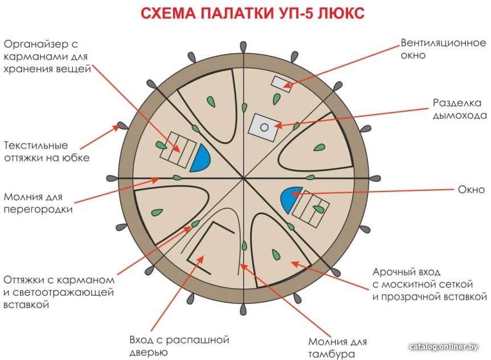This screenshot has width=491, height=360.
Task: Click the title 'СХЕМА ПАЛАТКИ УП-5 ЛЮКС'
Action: pos(253,14)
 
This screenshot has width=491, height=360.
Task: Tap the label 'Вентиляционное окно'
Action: pos(443,49)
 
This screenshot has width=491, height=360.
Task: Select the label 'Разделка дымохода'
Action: pos(460,109)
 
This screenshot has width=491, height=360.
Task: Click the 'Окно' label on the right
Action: pos(471,189)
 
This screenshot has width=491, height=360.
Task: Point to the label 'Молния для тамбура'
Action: pos(338,348)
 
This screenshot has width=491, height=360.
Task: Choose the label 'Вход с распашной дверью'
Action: pos(179,346)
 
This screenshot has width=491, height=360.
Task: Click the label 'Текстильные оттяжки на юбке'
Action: pos(47,152)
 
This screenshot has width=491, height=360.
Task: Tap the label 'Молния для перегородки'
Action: pos(38,203)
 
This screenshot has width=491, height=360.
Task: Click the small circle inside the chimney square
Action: pos(264,128)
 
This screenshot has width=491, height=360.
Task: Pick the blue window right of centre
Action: pos(291,199)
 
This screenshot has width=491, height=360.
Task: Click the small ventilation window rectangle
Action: pos(281,84)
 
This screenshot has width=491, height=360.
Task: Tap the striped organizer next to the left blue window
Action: pos(178,150)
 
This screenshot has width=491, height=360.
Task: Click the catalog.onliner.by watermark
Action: pos(444,347)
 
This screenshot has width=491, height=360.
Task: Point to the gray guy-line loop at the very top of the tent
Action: pos(243,47)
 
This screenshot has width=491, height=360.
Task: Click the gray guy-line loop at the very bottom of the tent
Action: pos(243,310)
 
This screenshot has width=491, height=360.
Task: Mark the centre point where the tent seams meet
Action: pos(243,178)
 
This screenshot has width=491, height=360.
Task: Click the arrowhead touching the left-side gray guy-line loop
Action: pos(117,128)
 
